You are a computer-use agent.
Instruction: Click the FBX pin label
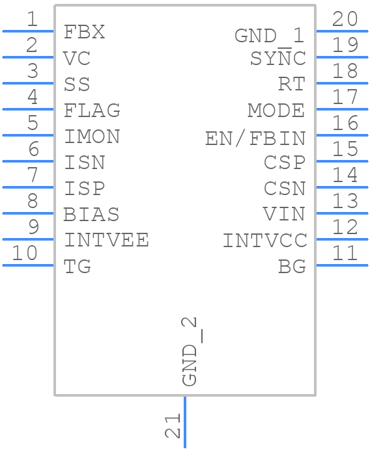[84, 32]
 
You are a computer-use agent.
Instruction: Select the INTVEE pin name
[106, 240]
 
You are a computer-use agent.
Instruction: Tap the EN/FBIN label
[255, 138]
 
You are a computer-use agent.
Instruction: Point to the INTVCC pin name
[264, 241]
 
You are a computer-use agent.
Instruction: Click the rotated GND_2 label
[190, 352]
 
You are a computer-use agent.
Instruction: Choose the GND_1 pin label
[270, 35]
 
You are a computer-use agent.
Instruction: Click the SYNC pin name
[278, 59]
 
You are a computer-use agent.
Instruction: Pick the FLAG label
[92, 111]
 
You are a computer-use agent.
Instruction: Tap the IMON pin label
[92, 137]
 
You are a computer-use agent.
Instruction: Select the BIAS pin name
[92, 214]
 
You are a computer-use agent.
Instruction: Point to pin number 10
[25, 253]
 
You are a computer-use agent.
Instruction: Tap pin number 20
[345, 20]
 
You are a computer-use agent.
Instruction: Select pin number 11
[345, 253]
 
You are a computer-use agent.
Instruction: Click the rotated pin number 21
[173, 428]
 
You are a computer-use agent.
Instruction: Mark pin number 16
[345, 123]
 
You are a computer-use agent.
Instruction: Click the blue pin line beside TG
[28, 265]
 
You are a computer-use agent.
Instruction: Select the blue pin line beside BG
[342, 265]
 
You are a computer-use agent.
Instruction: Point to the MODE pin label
[276, 111]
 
